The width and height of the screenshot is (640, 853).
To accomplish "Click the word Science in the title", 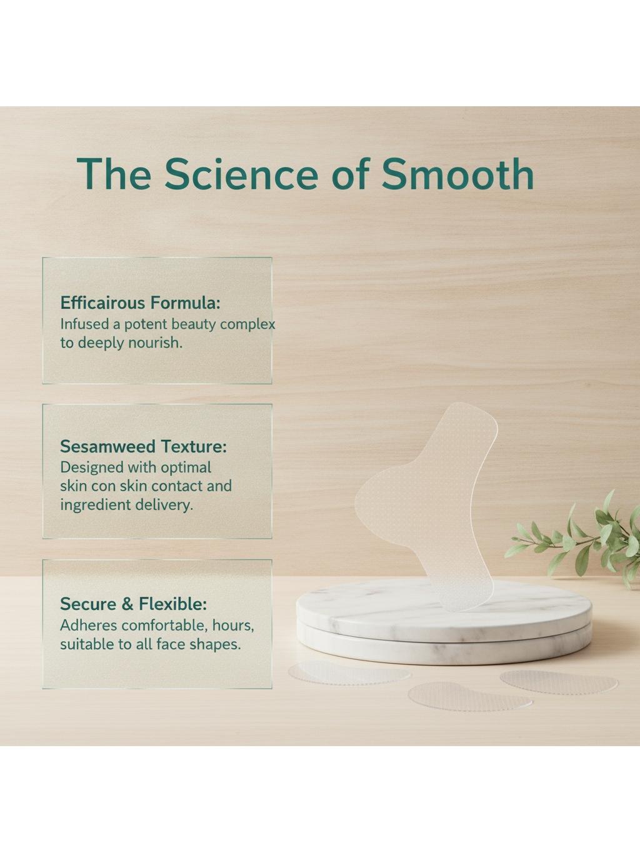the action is tap(241, 174).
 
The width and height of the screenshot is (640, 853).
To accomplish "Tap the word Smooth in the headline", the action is tap(457, 174).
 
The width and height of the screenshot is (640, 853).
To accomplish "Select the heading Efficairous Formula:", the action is tap(140, 303).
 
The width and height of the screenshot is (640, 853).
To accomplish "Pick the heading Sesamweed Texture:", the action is tap(143, 447).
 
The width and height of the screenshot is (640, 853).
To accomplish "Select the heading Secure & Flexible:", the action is tap(133, 604).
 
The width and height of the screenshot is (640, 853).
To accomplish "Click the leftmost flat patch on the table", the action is tap(349, 674).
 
